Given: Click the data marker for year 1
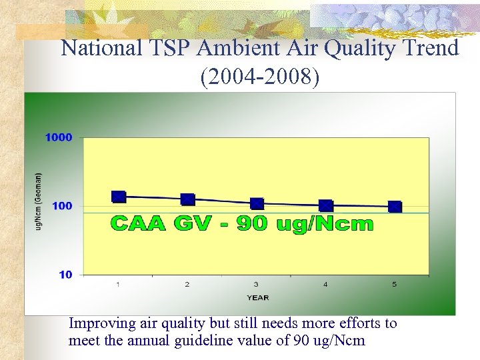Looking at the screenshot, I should pyautogui.click(x=119, y=197).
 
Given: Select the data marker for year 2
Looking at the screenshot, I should pyautogui.click(x=188, y=199).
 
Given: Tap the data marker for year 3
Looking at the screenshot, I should pyautogui.click(x=257, y=203).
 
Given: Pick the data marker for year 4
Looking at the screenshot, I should pyautogui.click(x=326, y=206).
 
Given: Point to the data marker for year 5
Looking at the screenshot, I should pyautogui.click(x=395, y=207).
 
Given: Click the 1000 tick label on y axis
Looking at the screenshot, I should pyautogui.click(x=58, y=137).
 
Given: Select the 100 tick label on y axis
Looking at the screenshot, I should pyautogui.click(x=61, y=206).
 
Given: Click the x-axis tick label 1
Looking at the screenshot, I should pyautogui.click(x=118, y=285).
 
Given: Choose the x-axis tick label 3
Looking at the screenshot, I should pyautogui.click(x=257, y=285).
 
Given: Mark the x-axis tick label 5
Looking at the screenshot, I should pyautogui.click(x=395, y=285).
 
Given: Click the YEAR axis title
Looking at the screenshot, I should pyautogui.click(x=258, y=297).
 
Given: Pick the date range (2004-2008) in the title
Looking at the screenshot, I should pyautogui.click(x=260, y=77).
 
